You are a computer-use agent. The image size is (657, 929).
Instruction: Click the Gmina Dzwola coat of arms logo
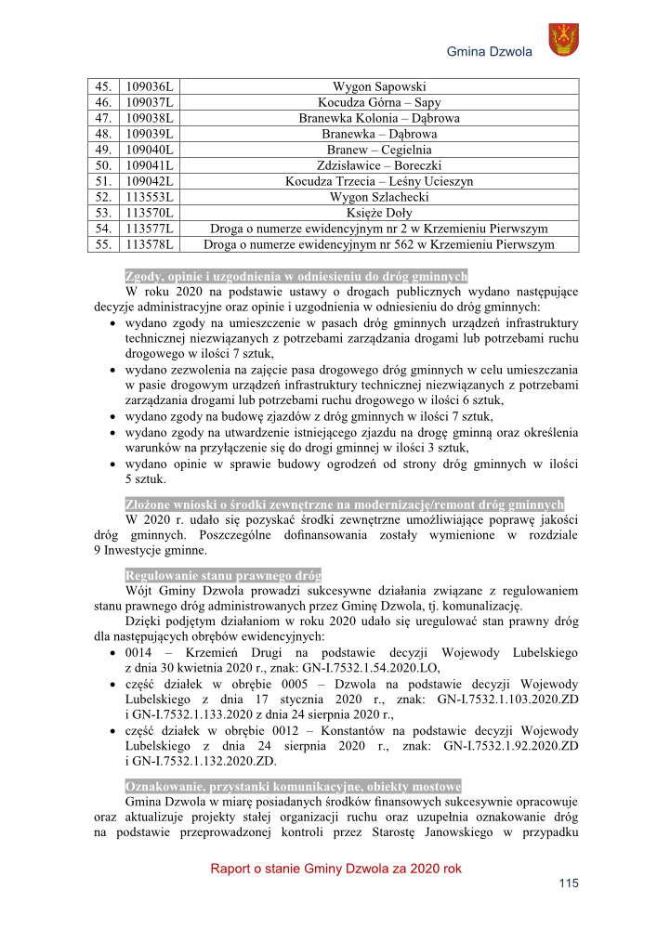tap(563, 40)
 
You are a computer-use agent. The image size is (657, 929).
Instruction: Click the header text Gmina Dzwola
tap(490, 52)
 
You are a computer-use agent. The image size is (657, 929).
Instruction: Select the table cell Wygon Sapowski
tap(378, 86)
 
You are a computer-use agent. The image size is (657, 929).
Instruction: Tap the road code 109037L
tap(150, 102)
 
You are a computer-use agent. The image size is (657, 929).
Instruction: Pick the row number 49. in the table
tap(103, 150)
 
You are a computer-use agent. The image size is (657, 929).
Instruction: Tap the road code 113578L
tap(150, 244)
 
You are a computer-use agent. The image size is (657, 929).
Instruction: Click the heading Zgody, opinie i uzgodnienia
tap(296, 276)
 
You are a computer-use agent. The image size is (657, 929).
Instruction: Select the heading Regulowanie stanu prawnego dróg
tap(223, 574)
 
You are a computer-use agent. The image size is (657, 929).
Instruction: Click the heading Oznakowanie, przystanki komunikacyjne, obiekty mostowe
tap(293, 785)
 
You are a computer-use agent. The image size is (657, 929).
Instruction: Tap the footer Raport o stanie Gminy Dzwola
tap(335, 869)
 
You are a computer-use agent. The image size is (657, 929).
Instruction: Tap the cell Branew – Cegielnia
tap(378, 150)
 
